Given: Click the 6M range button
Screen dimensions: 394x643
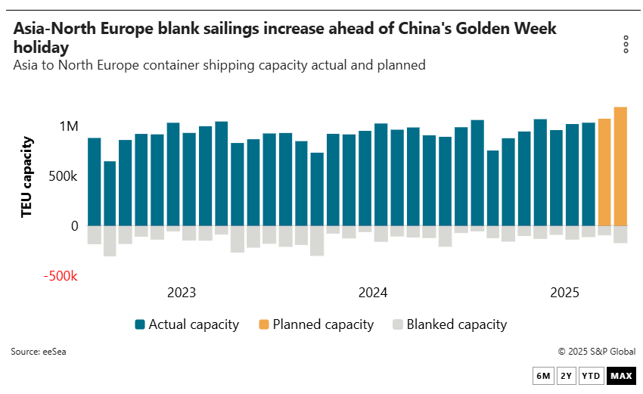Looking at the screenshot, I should [543, 376].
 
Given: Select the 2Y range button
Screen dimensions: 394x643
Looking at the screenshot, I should [566, 376].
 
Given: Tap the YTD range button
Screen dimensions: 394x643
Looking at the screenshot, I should [592, 376].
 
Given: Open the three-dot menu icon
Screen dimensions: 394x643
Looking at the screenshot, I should [626, 45].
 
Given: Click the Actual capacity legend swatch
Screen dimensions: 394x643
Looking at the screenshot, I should [140, 324].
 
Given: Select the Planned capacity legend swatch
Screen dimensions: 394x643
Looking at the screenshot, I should [264, 324].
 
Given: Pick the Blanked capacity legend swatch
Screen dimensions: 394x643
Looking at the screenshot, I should [398, 324].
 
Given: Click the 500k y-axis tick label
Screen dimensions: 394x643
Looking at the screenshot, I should [61, 176].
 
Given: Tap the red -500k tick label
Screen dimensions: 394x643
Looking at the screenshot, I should [61, 276].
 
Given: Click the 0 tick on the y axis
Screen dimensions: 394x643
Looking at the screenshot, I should [74, 226].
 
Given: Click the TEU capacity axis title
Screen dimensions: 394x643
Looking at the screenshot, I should [27, 176].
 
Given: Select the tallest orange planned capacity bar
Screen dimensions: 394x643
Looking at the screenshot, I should [620, 166].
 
